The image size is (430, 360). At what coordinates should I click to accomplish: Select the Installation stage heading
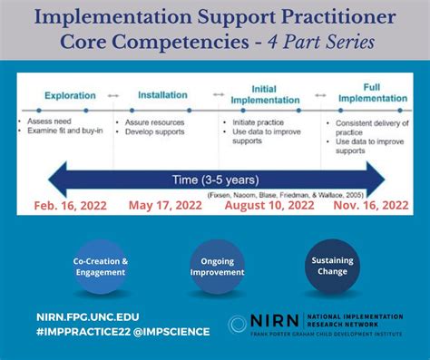(162, 94)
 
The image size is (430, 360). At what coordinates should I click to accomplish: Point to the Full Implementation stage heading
(372, 93)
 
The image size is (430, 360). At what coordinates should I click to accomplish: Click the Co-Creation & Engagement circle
(101, 267)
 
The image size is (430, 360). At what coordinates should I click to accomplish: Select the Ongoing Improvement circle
(218, 267)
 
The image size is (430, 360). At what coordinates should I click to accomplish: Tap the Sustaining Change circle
(333, 265)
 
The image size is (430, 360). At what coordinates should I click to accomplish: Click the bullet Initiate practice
(255, 122)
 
